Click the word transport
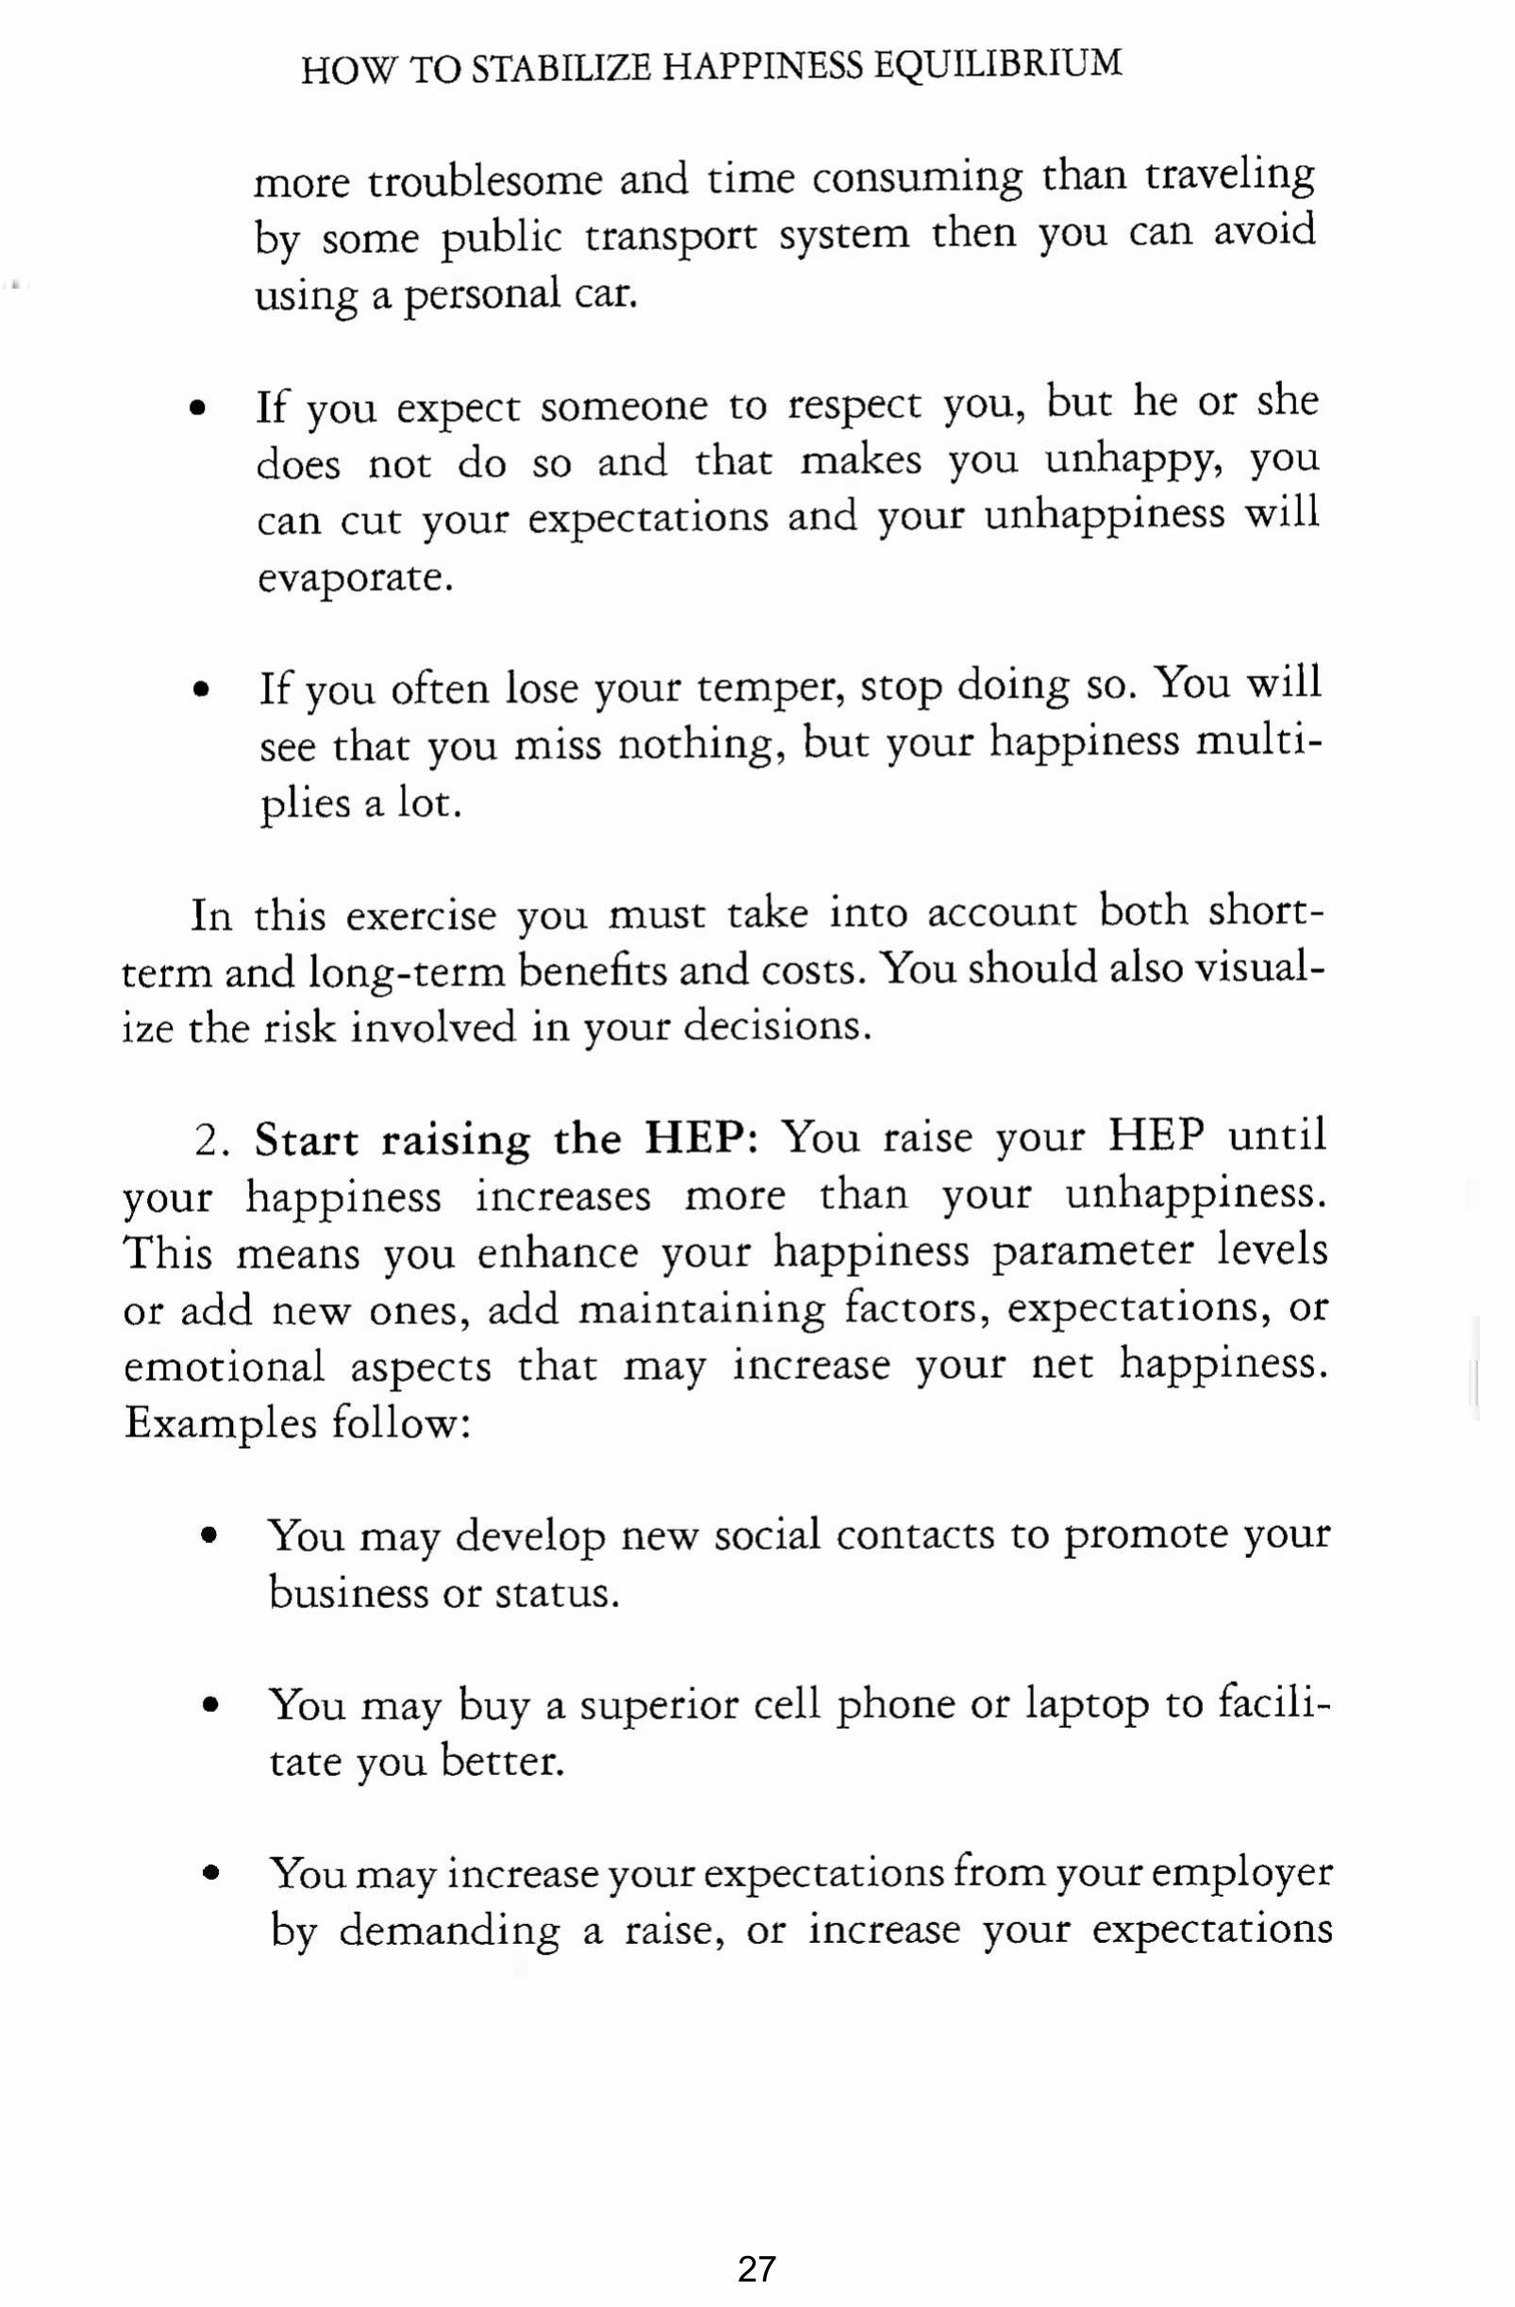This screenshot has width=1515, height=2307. click(671, 237)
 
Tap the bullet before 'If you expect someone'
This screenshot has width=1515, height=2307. click(199, 409)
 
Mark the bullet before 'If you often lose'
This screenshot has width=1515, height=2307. click(201, 691)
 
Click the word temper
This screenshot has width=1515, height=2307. click(763, 688)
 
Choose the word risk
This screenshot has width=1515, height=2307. click(297, 1027)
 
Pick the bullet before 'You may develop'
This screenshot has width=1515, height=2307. click(208, 1537)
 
